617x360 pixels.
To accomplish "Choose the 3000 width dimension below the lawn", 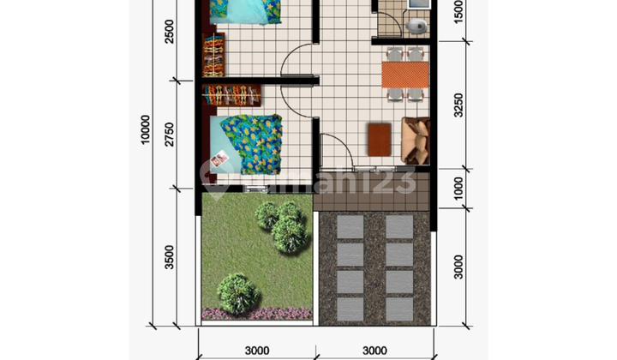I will click(x=256, y=349).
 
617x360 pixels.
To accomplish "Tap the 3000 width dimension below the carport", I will click(x=374, y=349).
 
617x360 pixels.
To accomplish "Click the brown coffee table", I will click(x=379, y=138).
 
